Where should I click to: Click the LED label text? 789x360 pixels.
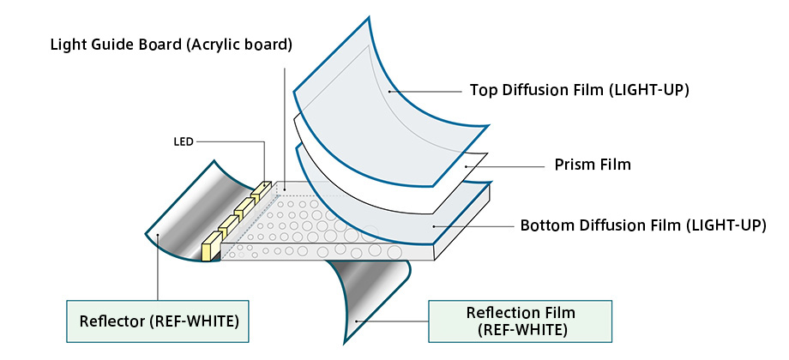point(184,142)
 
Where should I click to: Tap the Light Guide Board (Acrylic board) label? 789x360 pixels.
point(171,45)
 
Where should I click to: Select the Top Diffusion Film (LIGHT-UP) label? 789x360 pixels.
point(579,90)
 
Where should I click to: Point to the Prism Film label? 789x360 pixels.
point(593,165)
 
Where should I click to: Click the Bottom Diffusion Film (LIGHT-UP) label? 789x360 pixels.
point(643,225)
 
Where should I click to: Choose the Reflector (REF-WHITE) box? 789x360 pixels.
point(158,321)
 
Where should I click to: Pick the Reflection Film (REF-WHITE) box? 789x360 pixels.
point(521,321)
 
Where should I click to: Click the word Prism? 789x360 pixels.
point(572,165)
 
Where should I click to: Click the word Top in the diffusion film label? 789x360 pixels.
point(482,91)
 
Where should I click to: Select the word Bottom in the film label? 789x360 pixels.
point(542,225)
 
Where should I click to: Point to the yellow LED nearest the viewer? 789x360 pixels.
point(211,247)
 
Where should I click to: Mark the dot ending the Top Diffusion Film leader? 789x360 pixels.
point(389,92)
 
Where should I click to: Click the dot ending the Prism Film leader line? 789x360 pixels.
point(466,165)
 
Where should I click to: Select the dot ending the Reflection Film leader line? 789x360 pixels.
point(356,321)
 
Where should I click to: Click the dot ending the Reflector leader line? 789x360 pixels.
point(158,234)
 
